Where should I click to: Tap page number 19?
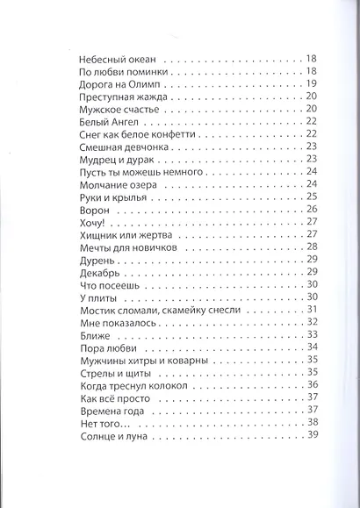[x=312, y=84]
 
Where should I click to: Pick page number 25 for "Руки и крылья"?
[x=312, y=198]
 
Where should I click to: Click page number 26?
[x=312, y=211]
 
